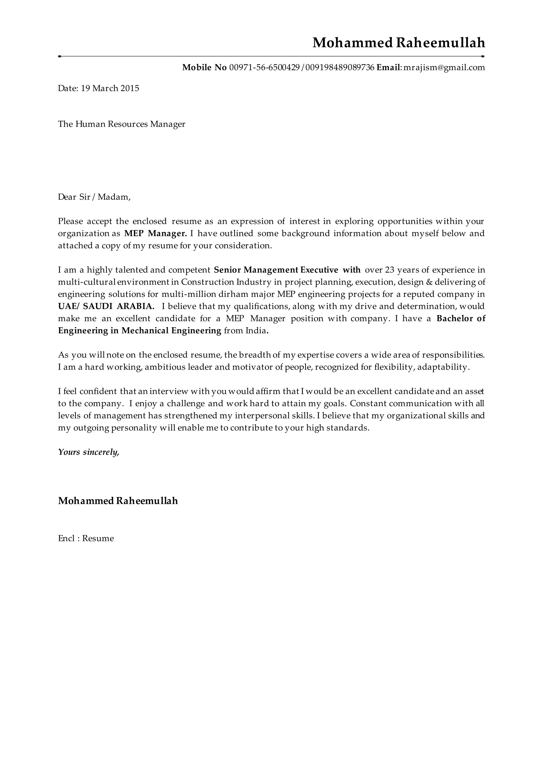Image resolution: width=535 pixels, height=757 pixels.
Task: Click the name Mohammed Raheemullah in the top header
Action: click(x=399, y=43)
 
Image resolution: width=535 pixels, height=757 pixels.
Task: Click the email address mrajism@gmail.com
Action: click(x=444, y=68)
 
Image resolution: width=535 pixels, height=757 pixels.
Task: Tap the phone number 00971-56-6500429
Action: click(x=264, y=68)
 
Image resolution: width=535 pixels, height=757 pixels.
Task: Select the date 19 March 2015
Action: click(x=110, y=88)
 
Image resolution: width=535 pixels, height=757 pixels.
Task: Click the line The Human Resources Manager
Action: click(x=121, y=124)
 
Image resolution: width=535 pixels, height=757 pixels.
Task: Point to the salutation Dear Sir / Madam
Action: click(x=94, y=197)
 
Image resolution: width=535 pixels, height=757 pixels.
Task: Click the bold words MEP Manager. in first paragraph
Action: click(x=155, y=233)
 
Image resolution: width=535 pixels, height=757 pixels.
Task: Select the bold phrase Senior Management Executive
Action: click(x=276, y=270)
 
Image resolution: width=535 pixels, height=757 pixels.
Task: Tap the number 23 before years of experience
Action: click(x=389, y=270)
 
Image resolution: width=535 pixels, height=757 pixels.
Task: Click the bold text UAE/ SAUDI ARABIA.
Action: click(x=106, y=306)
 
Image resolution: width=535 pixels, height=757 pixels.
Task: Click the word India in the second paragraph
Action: click(x=255, y=331)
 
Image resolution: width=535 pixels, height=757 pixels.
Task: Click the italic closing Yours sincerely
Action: click(x=88, y=452)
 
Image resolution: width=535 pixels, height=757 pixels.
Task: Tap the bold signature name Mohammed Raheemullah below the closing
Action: click(x=118, y=501)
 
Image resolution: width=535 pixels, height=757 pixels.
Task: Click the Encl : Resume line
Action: click(x=86, y=538)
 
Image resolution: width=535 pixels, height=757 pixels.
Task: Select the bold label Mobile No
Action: click(x=204, y=68)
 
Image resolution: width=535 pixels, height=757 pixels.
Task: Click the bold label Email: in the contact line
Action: click(x=389, y=68)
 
